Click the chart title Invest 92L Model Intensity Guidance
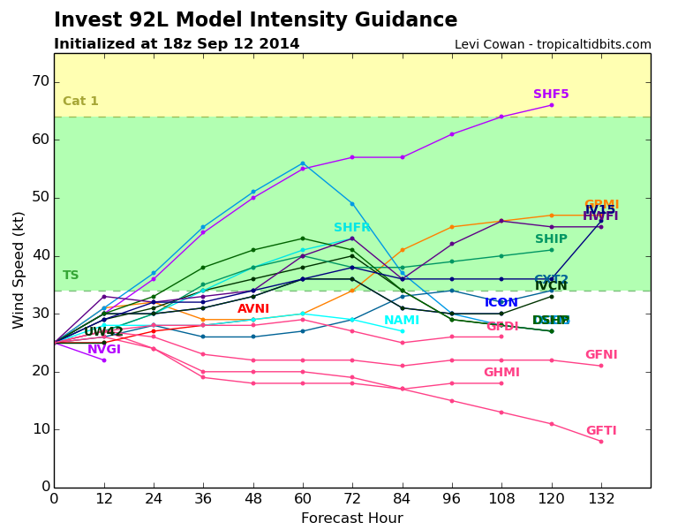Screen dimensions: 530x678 [x=255, y=20]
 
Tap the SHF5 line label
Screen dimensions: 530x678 [x=551, y=95]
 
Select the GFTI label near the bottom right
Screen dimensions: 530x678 [x=601, y=431]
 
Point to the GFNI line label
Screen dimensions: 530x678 [x=601, y=355]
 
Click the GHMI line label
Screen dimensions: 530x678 [x=501, y=373]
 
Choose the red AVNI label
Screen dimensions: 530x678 [x=253, y=309]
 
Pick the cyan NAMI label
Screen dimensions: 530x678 [x=402, y=321]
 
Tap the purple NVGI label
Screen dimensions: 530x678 [x=104, y=350]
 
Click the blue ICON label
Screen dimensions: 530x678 [x=501, y=303]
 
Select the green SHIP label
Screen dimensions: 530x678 [x=551, y=239]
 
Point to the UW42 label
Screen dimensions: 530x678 [x=103, y=332]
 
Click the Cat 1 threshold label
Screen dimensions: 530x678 [x=80, y=102]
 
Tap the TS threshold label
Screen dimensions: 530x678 [x=71, y=276]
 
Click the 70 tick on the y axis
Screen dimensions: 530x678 [x=41, y=81]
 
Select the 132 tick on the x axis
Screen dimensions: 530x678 [x=601, y=498]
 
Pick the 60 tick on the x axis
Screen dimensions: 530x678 [x=303, y=498]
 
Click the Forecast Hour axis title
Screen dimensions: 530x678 [x=351, y=519]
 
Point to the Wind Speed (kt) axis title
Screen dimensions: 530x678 [x=19, y=269]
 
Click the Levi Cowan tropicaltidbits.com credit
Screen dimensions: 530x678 [x=553, y=45]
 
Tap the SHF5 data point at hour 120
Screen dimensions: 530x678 [x=552, y=105]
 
